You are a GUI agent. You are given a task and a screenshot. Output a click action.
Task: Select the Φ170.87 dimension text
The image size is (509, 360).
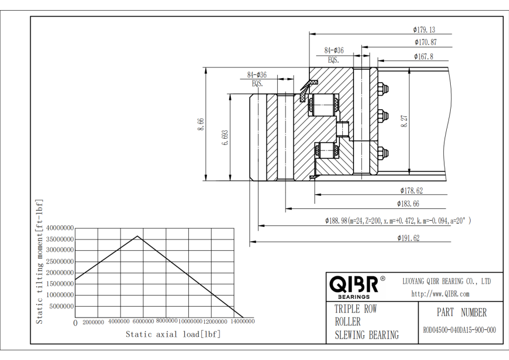coord(425,42)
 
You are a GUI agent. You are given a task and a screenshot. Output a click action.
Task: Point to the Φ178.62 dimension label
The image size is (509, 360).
coord(411,191)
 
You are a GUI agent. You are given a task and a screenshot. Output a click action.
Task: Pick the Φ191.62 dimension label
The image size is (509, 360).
coord(408,239)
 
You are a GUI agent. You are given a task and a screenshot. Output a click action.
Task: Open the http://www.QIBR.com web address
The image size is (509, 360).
coord(440,294)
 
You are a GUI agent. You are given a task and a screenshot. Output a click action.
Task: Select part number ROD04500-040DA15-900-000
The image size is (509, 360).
coord(459,330)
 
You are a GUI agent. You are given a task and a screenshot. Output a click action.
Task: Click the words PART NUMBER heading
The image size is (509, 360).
coord(461,312)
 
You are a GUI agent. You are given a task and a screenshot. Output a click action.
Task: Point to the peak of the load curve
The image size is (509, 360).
coord(137,236)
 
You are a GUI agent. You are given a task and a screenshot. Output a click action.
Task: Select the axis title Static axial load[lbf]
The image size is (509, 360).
coord(172,335)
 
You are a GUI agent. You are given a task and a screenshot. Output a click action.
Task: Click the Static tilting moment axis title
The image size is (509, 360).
coord(40,262)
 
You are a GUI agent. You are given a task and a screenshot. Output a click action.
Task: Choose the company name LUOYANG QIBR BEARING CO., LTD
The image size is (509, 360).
coord(446,281)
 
